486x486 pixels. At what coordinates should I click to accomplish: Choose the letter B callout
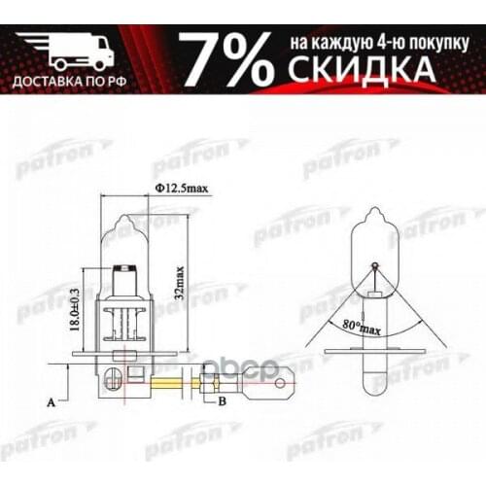pyautogui.click(x=222, y=399)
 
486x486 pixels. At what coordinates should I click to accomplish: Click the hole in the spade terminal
pyautogui.click(x=282, y=381)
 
